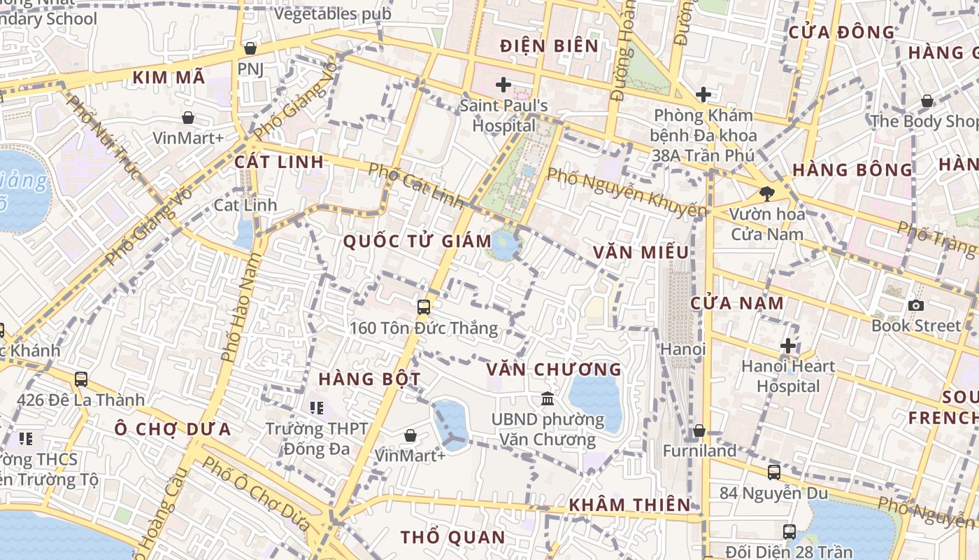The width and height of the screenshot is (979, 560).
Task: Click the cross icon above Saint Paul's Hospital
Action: [503, 85]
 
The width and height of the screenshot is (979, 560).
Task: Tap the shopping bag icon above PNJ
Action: [250, 48]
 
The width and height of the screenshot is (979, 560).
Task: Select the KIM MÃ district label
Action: [169, 78]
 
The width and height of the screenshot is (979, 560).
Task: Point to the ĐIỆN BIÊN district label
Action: [550, 46]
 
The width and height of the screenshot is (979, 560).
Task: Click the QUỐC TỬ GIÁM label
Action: [417, 241]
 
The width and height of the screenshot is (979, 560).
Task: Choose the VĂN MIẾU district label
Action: [641, 252]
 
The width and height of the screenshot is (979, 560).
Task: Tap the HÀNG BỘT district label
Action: [369, 379]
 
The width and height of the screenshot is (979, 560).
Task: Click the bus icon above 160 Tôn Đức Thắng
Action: [423, 307]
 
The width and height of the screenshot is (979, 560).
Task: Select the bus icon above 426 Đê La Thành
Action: [81, 379]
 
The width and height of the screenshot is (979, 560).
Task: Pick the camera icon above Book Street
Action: [915, 305]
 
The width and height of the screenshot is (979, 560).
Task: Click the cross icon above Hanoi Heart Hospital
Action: [788, 346]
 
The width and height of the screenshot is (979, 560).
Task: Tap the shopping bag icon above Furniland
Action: [699, 430]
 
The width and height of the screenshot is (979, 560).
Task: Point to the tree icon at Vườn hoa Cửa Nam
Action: [767, 194]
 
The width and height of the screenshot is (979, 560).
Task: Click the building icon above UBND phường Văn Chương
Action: [548, 399]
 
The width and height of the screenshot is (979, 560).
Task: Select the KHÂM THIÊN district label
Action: [629, 505]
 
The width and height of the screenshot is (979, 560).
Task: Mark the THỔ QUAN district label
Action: [452, 538]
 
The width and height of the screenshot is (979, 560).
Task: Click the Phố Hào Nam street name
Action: [240, 308]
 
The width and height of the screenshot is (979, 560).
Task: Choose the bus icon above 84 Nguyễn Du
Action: [773, 472]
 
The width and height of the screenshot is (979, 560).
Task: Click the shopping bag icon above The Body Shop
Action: [927, 101]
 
